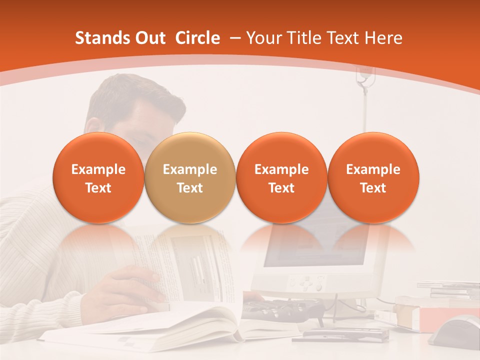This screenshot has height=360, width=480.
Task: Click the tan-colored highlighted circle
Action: [189, 178]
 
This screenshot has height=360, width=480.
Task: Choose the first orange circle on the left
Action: [98, 178]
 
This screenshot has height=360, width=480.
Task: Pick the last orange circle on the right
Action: [373, 178]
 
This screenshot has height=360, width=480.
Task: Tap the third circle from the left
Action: [281, 178]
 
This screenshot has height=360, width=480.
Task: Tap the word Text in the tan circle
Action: [189, 188]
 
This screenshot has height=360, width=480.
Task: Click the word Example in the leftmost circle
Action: [98, 169]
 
